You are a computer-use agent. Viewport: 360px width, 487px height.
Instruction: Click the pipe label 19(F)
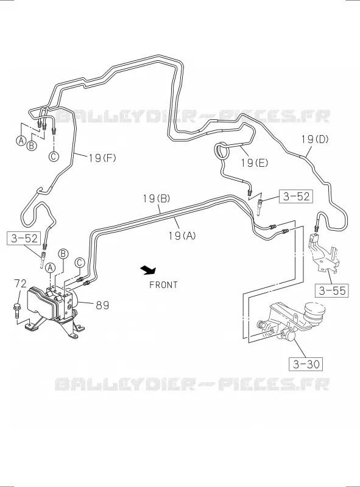[102, 158]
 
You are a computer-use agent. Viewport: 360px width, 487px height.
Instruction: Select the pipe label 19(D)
[314, 139]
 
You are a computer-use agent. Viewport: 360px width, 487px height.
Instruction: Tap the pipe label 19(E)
[254, 163]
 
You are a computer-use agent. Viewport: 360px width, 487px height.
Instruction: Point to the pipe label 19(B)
[157, 198]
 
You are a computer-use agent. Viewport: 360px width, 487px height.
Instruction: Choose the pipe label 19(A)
[182, 236]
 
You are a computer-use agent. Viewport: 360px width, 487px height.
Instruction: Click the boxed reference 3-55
[332, 291]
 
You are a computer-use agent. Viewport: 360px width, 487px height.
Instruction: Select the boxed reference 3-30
[306, 364]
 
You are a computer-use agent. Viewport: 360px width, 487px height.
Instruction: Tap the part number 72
[20, 283]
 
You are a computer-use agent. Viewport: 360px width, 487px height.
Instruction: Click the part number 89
[102, 306]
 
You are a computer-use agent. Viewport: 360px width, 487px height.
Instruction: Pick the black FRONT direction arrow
[148, 270]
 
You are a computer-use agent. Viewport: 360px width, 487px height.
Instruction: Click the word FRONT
[163, 285]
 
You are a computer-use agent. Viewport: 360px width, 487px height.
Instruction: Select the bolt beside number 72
[17, 310]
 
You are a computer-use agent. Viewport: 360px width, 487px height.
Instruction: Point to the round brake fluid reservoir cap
[315, 310]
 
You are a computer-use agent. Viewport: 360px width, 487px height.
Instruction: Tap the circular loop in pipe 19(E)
[222, 150]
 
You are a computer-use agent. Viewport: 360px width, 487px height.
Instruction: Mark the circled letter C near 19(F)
[54, 156]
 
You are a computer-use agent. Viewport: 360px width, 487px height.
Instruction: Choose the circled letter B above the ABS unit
[63, 254]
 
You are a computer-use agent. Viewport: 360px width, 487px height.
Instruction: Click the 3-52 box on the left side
[24, 238]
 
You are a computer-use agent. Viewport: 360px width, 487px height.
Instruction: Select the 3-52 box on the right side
[296, 196]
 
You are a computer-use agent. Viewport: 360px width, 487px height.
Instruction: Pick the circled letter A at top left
[21, 141]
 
